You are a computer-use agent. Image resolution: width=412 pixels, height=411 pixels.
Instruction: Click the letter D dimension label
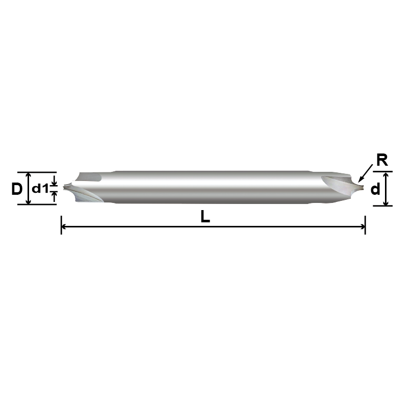(x=17, y=189)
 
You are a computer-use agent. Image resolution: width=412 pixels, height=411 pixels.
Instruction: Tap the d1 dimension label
(x=39, y=189)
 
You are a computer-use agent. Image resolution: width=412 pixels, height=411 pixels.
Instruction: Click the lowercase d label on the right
(x=375, y=190)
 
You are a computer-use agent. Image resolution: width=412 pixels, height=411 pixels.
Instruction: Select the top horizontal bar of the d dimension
(x=383, y=172)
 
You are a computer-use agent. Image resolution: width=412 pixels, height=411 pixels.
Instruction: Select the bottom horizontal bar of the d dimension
(x=383, y=206)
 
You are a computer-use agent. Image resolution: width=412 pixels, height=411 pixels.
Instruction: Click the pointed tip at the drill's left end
(x=65, y=188)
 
